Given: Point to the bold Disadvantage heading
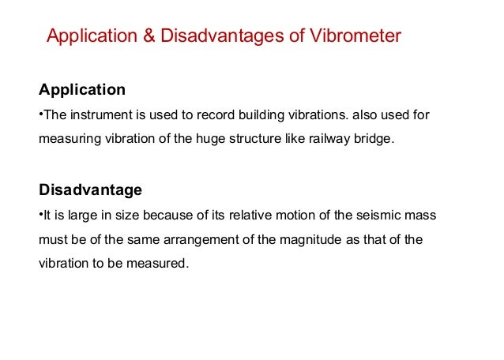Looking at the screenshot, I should pos(90,189).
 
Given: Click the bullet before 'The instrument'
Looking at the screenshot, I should pos(40,114).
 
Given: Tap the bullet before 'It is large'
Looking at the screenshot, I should pos(40,215).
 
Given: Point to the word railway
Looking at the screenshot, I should pos(325,139).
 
